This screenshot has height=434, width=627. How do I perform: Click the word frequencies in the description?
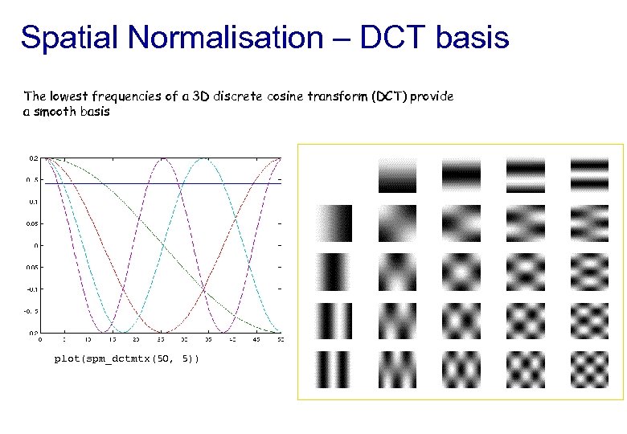pyautogui.click(x=125, y=96)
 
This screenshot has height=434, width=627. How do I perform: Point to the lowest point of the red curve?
pyautogui.click(x=162, y=330)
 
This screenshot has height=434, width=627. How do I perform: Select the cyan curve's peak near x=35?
pyautogui.click(x=204, y=159)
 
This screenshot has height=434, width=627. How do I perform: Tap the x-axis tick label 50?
pyautogui.click(x=280, y=340)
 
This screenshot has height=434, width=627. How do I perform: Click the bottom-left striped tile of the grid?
pyautogui.click(x=333, y=370)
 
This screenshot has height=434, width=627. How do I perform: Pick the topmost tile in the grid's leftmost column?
pyautogui.click(x=333, y=223)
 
